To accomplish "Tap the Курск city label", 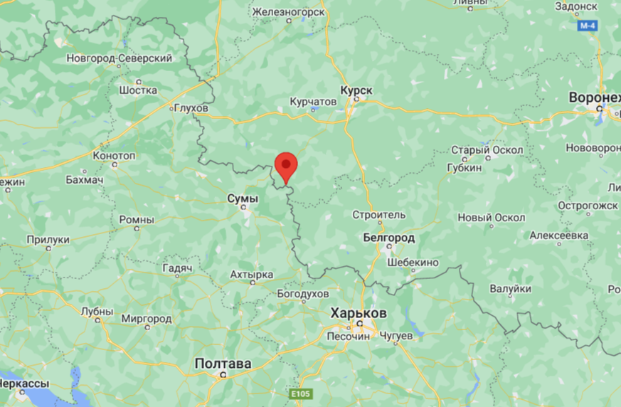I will (x=356, y=90).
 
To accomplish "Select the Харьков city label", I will (x=359, y=313).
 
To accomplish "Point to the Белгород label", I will (x=388, y=237).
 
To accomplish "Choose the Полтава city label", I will (x=223, y=364).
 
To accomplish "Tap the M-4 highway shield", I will (x=587, y=26).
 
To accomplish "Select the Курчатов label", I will (x=313, y=102).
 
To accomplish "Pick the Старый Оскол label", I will (x=487, y=150).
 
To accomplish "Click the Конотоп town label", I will (x=115, y=155).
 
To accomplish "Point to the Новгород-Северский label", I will (x=120, y=58).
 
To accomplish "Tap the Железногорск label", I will (x=288, y=11).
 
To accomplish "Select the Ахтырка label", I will (x=252, y=275).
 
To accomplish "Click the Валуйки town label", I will (x=510, y=289).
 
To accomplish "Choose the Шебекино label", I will (x=413, y=263).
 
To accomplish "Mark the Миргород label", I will (x=147, y=319).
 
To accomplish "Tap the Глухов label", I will (x=191, y=108).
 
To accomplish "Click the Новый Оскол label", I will (x=492, y=217).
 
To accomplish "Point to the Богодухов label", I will (x=302, y=293).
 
